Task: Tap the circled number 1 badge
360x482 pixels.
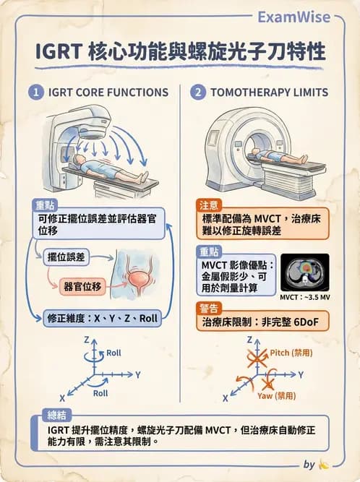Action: [x=35, y=92]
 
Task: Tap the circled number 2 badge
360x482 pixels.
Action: [x=197, y=92]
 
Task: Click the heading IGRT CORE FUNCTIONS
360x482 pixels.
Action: [x=108, y=92]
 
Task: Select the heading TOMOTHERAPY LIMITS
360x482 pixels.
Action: [x=269, y=92]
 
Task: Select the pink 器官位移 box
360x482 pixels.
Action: [x=82, y=284]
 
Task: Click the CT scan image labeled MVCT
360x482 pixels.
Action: [x=304, y=272]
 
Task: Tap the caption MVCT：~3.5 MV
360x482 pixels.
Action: [x=304, y=297]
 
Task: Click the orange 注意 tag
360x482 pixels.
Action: [x=207, y=205]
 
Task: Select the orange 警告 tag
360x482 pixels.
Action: [x=207, y=308]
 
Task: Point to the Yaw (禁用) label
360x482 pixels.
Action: [x=276, y=396]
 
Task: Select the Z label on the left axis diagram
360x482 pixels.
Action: [x=86, y=339]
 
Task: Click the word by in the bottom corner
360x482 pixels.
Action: [x=309, y=465]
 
